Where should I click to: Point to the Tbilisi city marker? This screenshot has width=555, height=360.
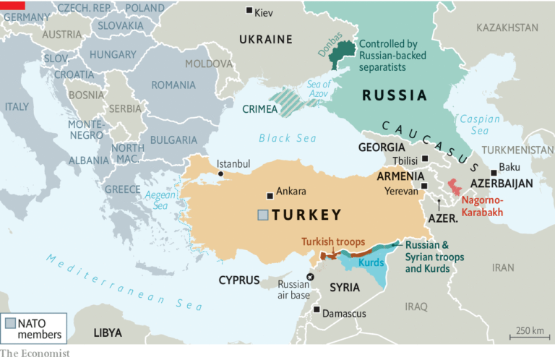point(425,159)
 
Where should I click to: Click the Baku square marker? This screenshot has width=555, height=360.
point(494,173)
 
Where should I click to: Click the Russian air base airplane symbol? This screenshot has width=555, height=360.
point(311,277)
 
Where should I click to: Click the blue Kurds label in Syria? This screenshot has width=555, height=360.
point(371,262)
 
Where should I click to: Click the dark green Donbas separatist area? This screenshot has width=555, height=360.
point(346,52)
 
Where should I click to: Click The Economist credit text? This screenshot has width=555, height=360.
point(35,353)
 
